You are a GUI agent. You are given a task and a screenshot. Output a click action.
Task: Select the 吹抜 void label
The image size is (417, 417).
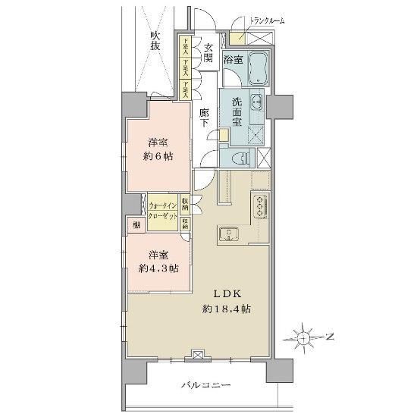pyautogui.click(x=155, y=42)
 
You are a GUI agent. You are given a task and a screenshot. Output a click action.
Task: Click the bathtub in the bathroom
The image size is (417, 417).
pyautogui.click(x=259, y=67)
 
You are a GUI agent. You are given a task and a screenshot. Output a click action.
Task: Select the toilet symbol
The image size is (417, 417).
pyautogui.click(x=240, y=158)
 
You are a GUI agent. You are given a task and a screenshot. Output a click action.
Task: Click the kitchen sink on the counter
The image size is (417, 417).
pyautogui.click(x=228, y=235)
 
